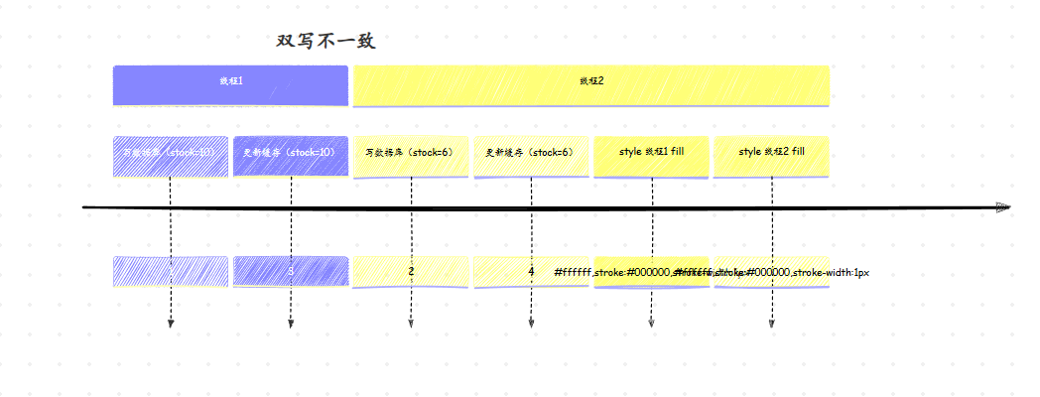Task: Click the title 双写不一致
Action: click(x=325, y=42)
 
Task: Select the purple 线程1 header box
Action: click(x=230, y=84)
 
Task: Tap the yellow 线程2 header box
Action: click(x=591, y=84)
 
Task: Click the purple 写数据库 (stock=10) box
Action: click(x=171, y=155)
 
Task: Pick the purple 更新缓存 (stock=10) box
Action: click(x=291, y=155)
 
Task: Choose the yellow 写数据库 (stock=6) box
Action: click(x=411, y=155)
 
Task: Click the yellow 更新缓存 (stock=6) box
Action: click(x=531, y=155)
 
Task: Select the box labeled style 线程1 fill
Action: click(x=651, y=155)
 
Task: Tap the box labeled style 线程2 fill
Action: click(x=771, y=155)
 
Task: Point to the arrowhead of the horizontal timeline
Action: click(x=1002, y=207)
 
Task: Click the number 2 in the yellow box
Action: click(x=411, y=271)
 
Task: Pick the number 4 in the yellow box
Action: click(x=531, y=271)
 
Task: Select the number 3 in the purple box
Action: click(x=291, y=271)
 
